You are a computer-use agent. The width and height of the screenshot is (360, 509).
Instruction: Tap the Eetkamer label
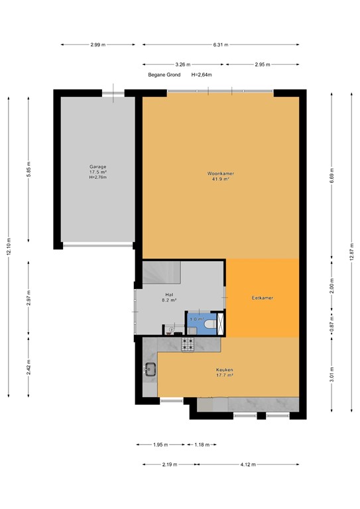pyautogui.click(x=263, y=298)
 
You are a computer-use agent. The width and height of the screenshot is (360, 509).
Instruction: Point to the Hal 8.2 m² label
pyautogui.click(x=170, y=298)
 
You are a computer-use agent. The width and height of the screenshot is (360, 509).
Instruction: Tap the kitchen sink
pyautogui.click(x=149, y=370)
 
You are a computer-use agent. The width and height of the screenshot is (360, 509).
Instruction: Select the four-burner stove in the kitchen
pyautogui.click(x=188, y=345)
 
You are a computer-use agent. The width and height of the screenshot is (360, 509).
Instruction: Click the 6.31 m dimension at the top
pyautogui.click(x=221, y=44)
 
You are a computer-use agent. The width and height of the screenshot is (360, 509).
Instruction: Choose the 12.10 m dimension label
pyautogui.click(x=9, y=245)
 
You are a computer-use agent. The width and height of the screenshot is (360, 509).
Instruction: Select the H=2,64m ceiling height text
pyautogui.click(x=202, y=75)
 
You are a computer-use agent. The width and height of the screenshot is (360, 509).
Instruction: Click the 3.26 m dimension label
pyautogui.click(x=183, y=65)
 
